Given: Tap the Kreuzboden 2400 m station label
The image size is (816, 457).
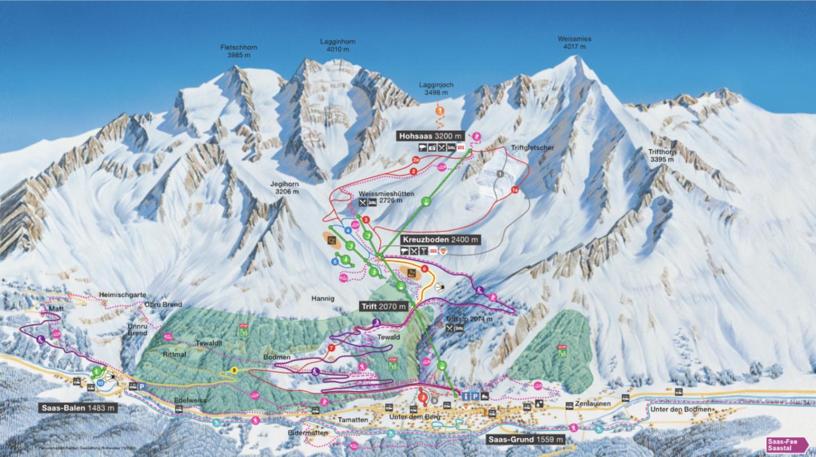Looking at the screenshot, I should [441, 240].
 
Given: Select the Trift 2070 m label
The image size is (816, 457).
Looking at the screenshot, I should [384, 306].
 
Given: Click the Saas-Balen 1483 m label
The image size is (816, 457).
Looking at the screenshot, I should [79, 407].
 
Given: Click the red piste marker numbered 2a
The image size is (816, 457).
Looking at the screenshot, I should [416, 160].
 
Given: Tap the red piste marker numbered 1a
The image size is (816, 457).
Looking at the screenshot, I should [515, 190].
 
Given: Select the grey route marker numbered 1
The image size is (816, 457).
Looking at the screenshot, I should [501, 173].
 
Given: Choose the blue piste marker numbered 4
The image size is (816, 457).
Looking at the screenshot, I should [347, 230].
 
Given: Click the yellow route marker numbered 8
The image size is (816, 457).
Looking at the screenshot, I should [234, 370].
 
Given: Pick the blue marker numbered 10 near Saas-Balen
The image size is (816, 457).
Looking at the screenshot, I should [100, 383].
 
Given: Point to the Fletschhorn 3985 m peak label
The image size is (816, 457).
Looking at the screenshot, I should [235, 52].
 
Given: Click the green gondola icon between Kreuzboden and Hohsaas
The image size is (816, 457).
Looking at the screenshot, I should [427, 200].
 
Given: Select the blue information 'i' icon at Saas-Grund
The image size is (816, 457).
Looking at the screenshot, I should [465, 396].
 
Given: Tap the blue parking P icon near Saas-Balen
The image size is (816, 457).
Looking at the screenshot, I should [142, 386].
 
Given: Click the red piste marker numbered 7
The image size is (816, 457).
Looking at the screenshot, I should [331, 347].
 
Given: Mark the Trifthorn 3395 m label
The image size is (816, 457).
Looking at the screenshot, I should [661, 155].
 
